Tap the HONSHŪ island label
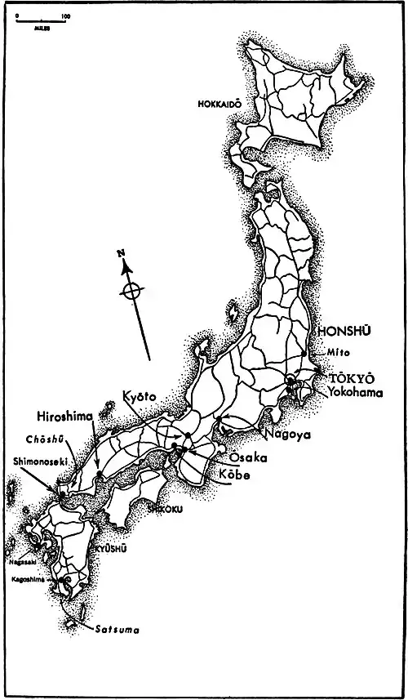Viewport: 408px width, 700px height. tap(343, 331)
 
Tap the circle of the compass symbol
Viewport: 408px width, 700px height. tap(133, 292)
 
